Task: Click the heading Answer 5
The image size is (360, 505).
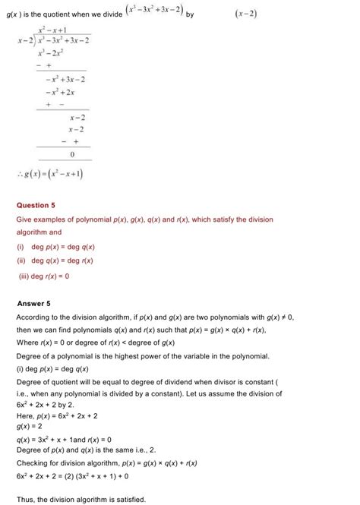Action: coord(33,303)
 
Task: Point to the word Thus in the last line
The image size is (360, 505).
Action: coord(25,497)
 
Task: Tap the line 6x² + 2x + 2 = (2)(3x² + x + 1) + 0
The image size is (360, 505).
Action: coord(73,476)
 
